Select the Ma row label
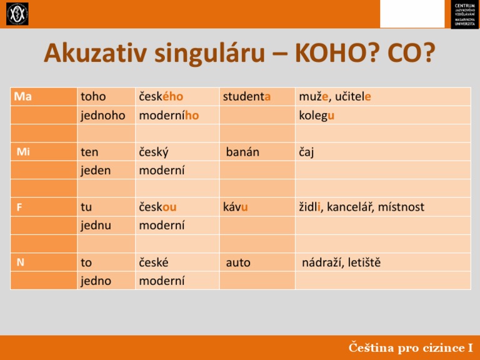(x=23, y=97)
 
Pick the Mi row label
(x=23, y=152)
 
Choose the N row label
(x=21, y=262)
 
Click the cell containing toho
(x=94, y=97)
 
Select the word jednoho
(x=103, y=115)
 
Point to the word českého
(x=161, y=97)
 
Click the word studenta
(x=246, y=97)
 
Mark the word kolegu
(x=317, y=115)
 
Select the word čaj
(x=307, y=152)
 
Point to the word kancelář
(x=352, y=207)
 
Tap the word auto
(x=238, y=262)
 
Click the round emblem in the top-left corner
(x=17, y=14)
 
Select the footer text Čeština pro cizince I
(x=411, y=347)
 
